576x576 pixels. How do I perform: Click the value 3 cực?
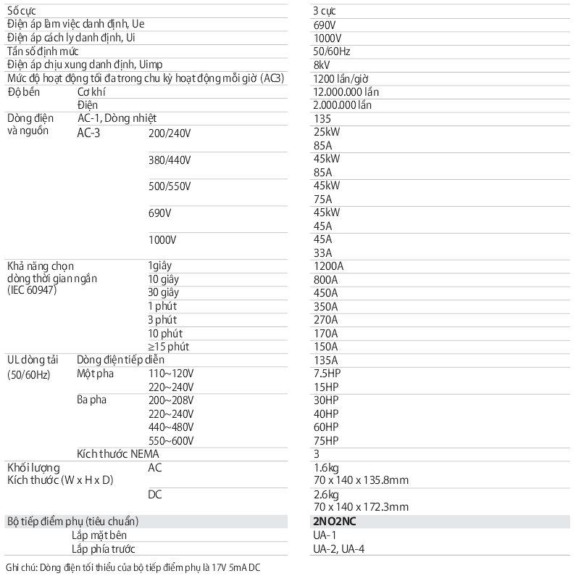[325, 11]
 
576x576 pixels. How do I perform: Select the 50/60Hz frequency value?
[332, 52]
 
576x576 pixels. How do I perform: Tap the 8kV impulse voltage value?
[322, 65]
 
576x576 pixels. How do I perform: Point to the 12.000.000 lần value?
[346, 92]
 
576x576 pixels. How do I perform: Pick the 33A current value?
[322, 252]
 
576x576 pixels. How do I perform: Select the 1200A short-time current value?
[328, 266]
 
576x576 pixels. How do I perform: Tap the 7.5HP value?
[326, 373]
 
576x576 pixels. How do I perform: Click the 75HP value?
[326, 440]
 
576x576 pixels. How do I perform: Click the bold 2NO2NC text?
[335, 522]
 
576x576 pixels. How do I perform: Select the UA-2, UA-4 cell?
[338, 548]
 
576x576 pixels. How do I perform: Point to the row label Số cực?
[20, 11]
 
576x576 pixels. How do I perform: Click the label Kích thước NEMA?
[117, 453]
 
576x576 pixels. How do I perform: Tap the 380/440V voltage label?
[169, 159]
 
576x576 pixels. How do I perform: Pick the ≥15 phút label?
[168, 346]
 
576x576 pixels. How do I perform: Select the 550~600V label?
[170, 440]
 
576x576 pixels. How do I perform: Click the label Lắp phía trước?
[104, 548]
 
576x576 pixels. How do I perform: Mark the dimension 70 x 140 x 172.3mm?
[361, 507]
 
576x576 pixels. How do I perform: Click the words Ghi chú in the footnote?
[20, 567]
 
